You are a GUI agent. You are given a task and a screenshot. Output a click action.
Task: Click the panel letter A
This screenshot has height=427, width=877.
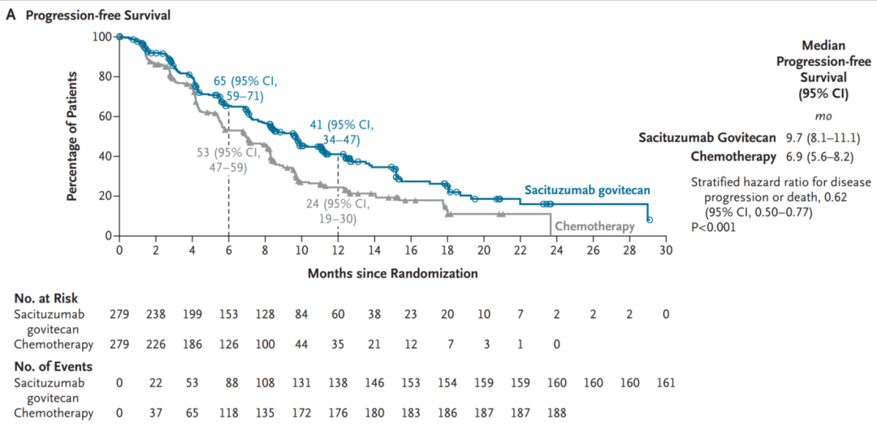(x=10, y=15)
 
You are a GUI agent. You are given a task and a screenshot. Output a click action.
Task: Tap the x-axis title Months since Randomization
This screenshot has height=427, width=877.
(x=392, y=273)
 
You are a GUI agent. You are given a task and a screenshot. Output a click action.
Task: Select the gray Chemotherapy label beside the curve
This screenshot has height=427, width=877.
(x=595, y=227)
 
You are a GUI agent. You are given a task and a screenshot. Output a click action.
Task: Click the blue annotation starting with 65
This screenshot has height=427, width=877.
(x=245, y=89)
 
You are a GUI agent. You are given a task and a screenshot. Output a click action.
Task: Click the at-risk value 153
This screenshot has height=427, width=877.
(x=229, y=314)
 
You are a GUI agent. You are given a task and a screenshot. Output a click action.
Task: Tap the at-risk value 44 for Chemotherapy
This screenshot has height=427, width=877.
(x=301, y=344)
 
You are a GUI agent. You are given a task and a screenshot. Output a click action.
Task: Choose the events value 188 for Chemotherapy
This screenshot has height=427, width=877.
(x=556, y=413)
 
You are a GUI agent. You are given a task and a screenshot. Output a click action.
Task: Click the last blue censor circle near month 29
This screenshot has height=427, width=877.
(x=649, y=220)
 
